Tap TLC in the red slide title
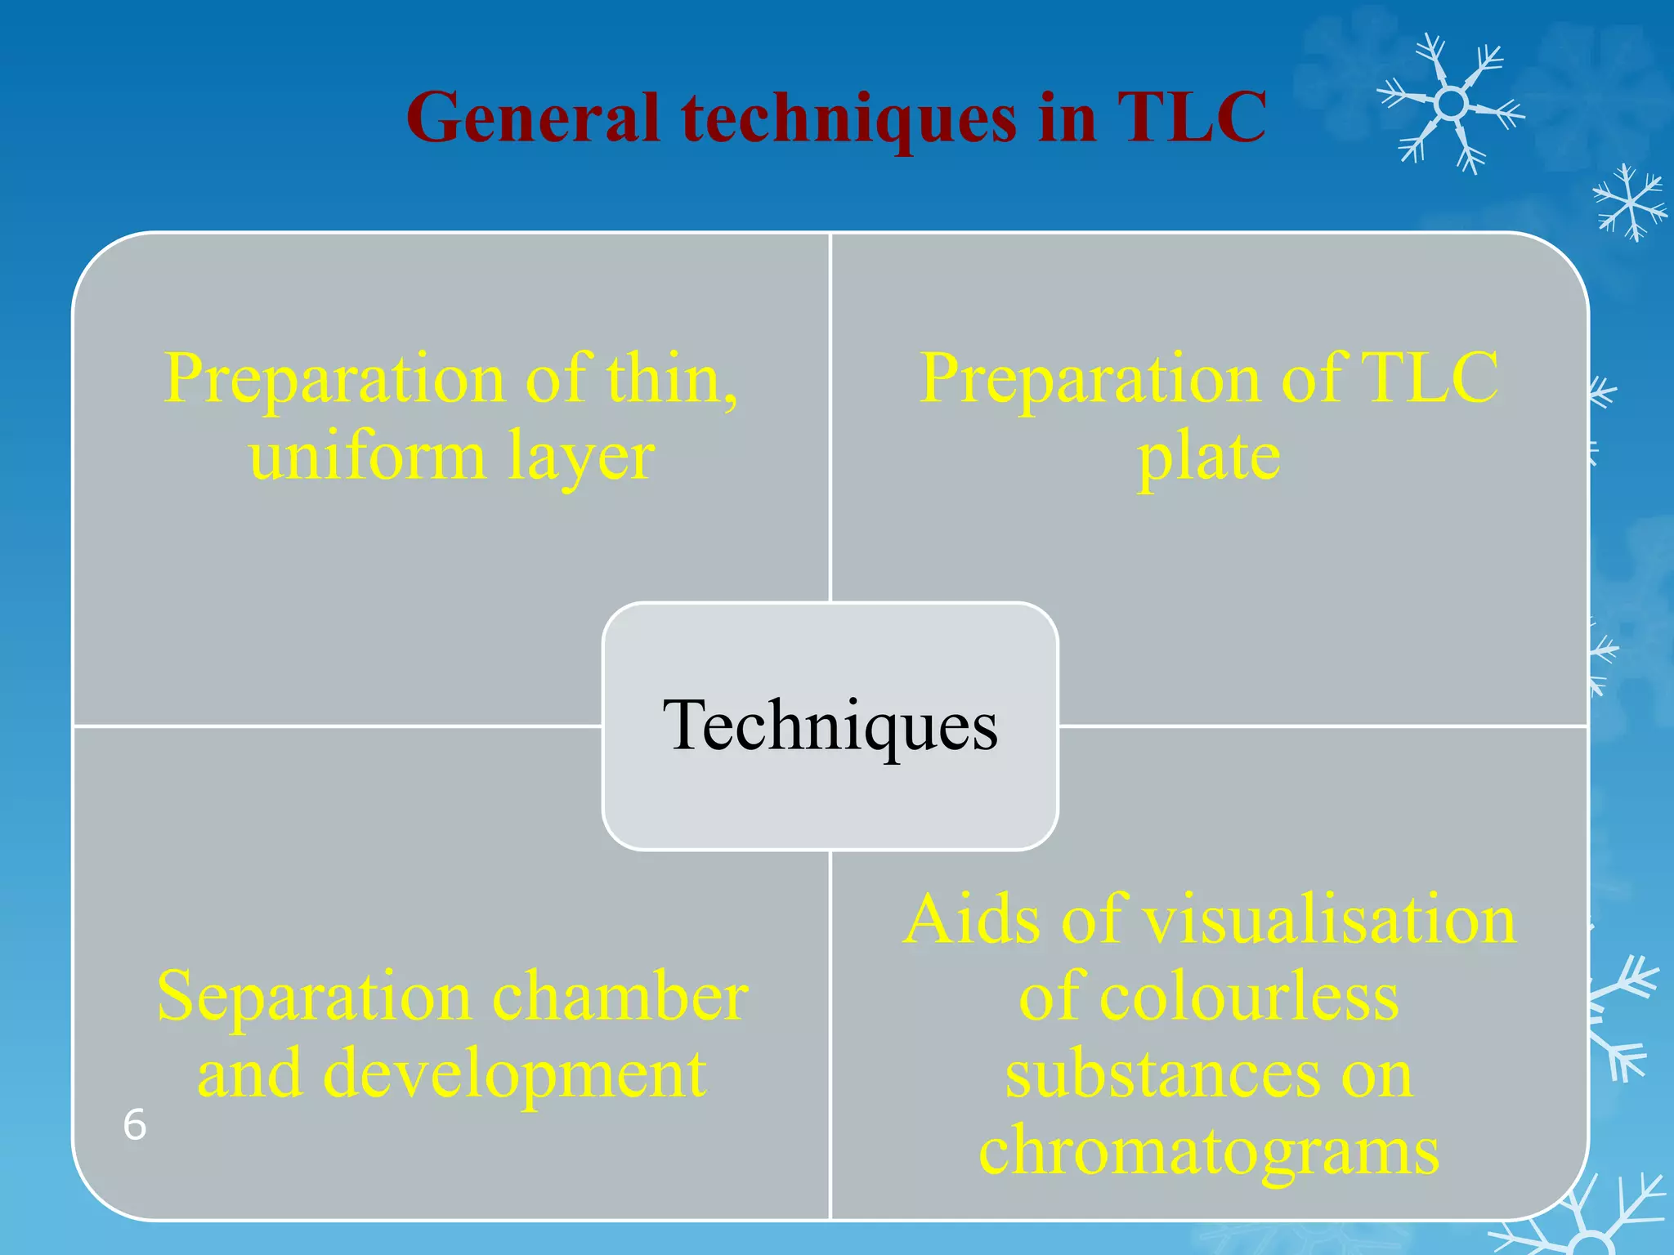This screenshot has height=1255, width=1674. tap(1191, 118)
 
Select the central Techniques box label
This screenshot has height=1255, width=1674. tap(830, 726)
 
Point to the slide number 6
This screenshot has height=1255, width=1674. tap(135, 1125)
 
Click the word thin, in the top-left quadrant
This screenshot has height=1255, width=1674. tap(672, 378)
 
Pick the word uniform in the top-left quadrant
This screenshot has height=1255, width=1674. tap(367, 456)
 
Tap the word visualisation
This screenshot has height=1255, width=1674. tap(1329, 920)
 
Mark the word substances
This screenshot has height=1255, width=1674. tap(1162, 1074)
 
